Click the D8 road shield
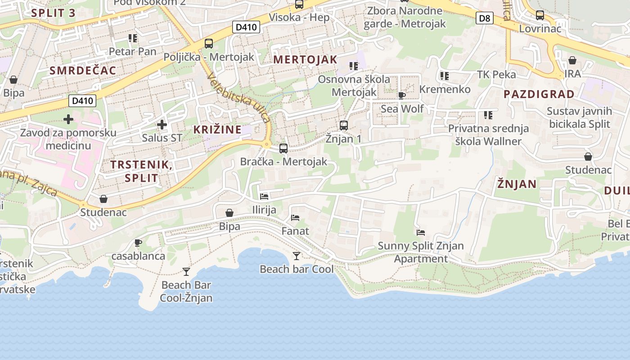click(484, 18)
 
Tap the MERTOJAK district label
click(305, 59)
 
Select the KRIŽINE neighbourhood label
click(217, 130)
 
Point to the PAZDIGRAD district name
click(539, 94)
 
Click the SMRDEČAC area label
click(83, 70)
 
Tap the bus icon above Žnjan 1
click(344, 125)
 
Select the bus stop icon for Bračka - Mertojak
click(283, 148)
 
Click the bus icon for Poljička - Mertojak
click(209, 44)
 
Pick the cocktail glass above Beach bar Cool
click(297, 256)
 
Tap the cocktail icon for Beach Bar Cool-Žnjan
click(186, 271)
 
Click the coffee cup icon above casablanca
click(138, 243)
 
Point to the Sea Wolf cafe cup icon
click(402, 95)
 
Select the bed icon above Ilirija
click(264, 197)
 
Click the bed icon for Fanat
click(295, 218)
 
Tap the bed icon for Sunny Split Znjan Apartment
click(421, 233)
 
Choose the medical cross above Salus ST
click(162, 125)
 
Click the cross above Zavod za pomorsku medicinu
click(68, 119)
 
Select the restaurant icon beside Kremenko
click(445, 76)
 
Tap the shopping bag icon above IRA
click(572, 60)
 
